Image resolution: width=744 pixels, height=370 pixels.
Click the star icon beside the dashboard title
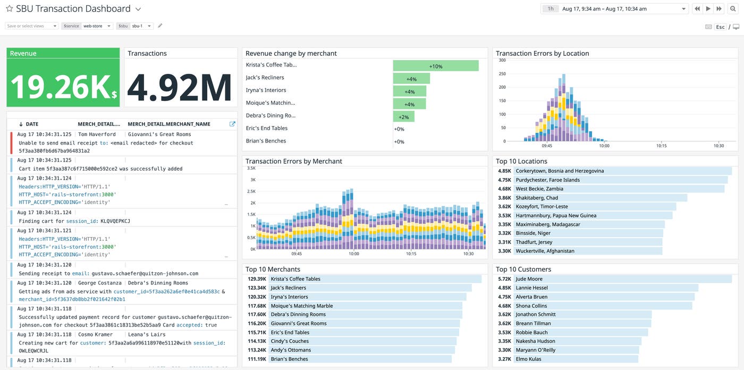coord(9,9)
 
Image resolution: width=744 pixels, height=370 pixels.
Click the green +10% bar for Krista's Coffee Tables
coord(436,66)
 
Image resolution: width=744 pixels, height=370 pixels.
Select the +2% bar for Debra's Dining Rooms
coord(404,116)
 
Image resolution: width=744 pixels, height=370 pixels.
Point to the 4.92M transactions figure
coord(180,87)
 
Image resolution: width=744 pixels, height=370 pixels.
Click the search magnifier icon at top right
coord(733,9)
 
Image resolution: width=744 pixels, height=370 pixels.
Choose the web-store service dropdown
coord(97,26)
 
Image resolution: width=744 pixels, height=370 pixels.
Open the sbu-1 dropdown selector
coord(141,26)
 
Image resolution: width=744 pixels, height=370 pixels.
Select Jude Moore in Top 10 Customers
coord(529,279)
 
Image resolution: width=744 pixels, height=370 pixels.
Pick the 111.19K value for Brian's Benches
coord(257,359)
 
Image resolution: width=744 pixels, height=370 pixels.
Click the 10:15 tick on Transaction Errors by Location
coord(661,146)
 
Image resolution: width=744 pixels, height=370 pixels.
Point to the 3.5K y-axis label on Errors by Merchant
coord(251,168)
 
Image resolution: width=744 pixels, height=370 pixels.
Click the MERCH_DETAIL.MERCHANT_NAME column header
coord(169,124)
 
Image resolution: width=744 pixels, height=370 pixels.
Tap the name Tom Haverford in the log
coord(97,134)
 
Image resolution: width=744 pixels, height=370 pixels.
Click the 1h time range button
coord(551,9)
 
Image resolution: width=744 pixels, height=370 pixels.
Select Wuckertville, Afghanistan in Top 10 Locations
coord(545,251)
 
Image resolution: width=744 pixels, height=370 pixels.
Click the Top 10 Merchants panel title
coord(273,269)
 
